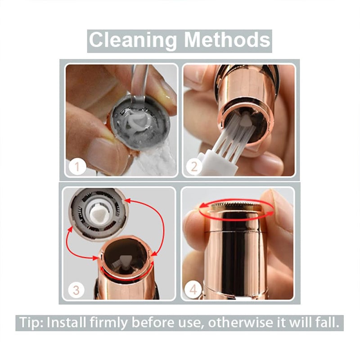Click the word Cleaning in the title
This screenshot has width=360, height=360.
tap(133, 40)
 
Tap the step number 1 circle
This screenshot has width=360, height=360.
tap(77, 166)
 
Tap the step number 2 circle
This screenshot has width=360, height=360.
tap(194, 166)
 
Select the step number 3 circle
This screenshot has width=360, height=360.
tap(76, 290)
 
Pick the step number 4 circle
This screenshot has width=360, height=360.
tap(193, 290)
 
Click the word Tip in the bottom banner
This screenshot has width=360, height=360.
tap(31, 323)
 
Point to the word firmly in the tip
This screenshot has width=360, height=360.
tap(108, 323)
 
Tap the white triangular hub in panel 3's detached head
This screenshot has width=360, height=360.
tap(98, 212)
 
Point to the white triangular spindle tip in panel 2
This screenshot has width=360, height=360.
tap(246, 119)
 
